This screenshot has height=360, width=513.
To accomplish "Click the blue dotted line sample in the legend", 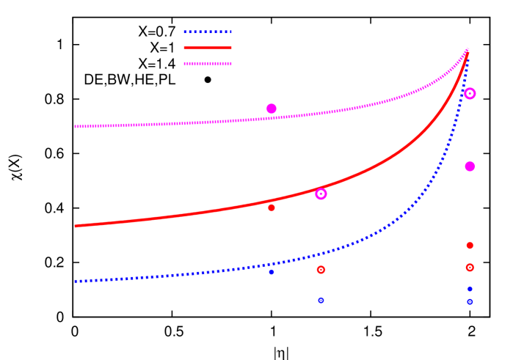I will (x=207, y=32).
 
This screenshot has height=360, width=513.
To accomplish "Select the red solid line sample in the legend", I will (x=207, y=48).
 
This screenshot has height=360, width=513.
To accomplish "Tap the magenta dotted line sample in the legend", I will (x=207, y=65).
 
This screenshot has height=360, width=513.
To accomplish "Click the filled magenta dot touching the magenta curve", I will (x=272, y=109).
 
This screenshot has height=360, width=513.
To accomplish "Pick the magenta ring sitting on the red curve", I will (x=321, y=194).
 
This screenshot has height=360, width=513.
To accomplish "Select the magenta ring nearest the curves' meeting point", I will (x=470, y=93).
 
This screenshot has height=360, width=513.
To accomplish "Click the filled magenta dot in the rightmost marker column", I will (x=470, y=166).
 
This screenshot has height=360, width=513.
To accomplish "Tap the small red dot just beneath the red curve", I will (x=272, y=207).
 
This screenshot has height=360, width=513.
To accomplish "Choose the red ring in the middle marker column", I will (x=321, y=270).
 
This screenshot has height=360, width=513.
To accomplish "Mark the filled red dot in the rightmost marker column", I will (x=470, y=245).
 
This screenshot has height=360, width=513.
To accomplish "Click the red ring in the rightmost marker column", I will (x=470, y=268).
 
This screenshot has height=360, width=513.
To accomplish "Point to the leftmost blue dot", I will (x=272, y=272).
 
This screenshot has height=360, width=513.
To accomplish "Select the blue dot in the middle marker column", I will (x=321, y=300).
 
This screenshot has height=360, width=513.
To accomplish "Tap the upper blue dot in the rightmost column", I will (x=470, y=289).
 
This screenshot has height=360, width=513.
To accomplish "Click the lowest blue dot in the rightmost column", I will (x=470, y=301).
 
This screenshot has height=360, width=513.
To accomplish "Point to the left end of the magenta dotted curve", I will (x=76, y=126).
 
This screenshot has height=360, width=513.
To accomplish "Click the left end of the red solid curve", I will (x=76, y=226).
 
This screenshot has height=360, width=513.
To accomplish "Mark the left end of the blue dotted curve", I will (x=76, y=282).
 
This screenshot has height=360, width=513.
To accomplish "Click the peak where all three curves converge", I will (x=467, y=49).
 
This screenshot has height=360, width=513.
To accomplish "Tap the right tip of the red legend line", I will (x=230, y=48).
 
